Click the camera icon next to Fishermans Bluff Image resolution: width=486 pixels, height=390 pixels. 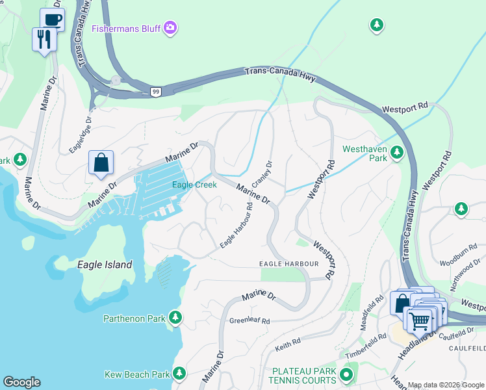point(170,27)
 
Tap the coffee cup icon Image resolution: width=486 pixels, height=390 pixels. point(52,19)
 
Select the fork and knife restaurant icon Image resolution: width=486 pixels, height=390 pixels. point(44,40)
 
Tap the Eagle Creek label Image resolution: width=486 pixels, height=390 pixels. point(194,185)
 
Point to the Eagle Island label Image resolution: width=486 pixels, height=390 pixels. point(104,265)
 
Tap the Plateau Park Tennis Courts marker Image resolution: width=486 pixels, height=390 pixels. point(346,374)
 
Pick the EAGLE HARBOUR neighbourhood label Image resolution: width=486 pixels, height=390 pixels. point(288,264)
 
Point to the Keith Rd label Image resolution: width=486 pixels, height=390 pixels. point(287,341)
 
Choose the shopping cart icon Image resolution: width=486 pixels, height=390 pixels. point(419,319)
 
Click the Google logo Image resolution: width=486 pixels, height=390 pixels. point(21,382)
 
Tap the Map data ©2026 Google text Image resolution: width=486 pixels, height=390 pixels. point(446,385)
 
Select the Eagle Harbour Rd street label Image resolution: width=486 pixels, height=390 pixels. point(237,226)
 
